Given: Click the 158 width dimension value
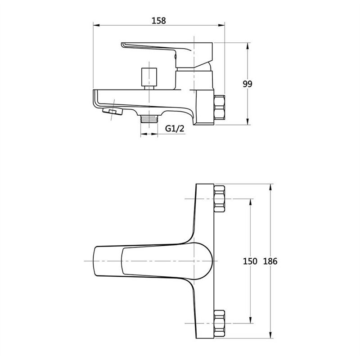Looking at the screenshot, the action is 159,21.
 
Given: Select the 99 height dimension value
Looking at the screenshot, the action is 247,84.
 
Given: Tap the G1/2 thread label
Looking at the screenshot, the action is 175,129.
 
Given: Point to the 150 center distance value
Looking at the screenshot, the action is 250,261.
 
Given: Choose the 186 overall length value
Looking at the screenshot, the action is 270,261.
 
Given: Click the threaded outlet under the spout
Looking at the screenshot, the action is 149,119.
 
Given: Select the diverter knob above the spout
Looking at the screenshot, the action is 149,78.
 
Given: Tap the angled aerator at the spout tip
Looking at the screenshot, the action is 112,111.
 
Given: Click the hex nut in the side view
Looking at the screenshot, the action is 219,108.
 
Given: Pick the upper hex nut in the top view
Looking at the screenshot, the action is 219,199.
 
